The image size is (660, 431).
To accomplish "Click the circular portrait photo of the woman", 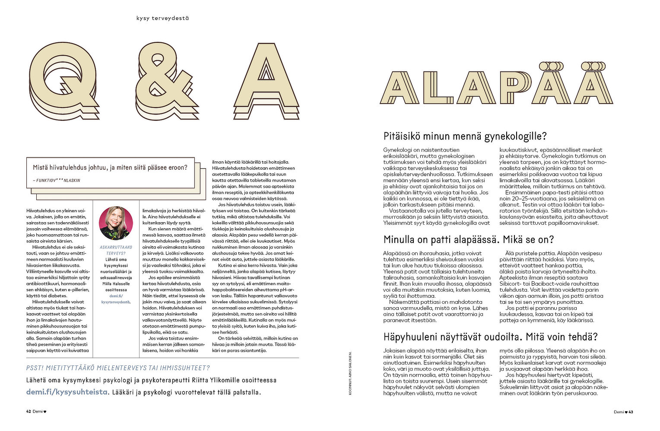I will [116, 223].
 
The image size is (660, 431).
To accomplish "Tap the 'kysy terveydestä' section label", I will [162, 18].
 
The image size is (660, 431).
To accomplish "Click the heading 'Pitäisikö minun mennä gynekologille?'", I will [465, 136].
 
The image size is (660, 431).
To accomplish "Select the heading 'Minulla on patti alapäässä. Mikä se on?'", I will [468, 239].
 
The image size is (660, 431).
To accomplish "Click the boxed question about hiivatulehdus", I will [110, 168].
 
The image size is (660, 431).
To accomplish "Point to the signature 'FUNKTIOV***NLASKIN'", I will [57, 180].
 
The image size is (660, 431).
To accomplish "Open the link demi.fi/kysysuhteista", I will [67, 392].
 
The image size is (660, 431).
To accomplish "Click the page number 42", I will [29, 412].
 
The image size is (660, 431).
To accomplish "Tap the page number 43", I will [631, 412].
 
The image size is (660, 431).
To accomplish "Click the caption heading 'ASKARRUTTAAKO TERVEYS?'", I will [116, 250].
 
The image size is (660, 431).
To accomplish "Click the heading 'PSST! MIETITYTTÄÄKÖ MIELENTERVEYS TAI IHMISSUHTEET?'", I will [118, 368].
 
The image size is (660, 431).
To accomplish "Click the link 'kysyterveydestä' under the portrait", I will [116, 302].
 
